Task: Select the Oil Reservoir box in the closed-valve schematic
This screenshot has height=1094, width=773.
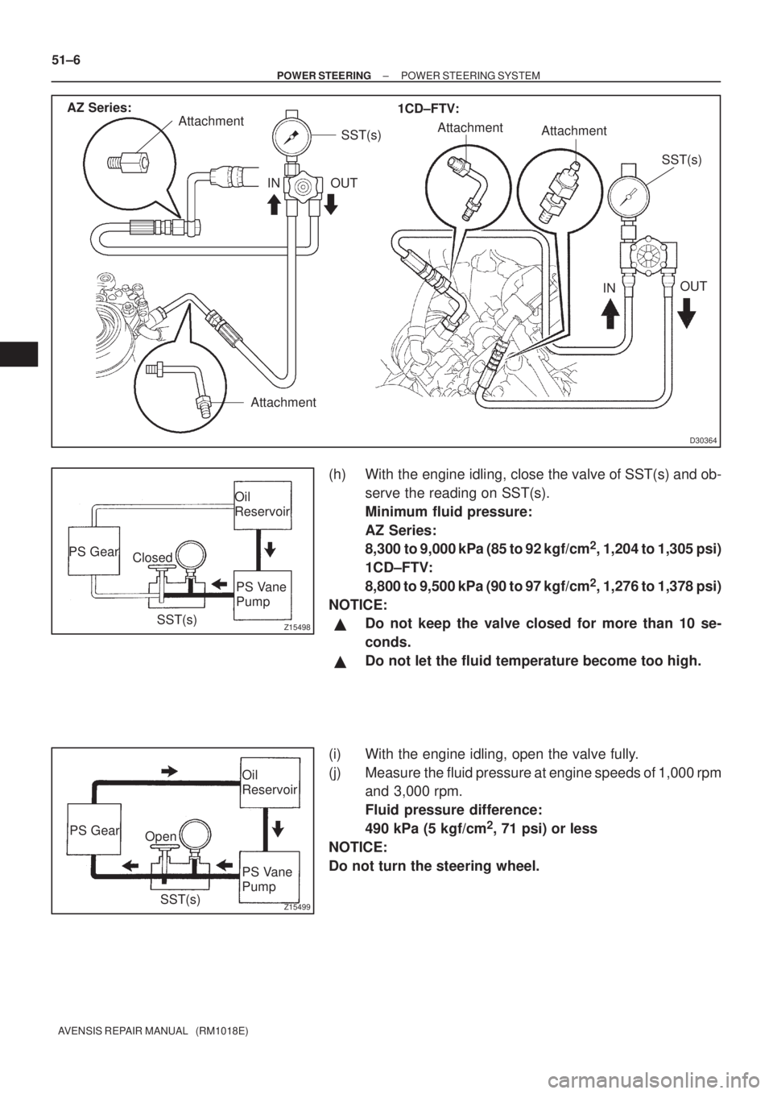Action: [262, 505]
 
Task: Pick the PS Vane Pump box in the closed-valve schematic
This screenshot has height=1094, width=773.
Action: [262, 594]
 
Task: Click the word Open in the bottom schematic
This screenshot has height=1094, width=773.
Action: [160, 835]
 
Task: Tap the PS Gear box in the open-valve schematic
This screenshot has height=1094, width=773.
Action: [94, 830]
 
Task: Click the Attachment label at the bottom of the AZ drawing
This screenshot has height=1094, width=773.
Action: [282, 401]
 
